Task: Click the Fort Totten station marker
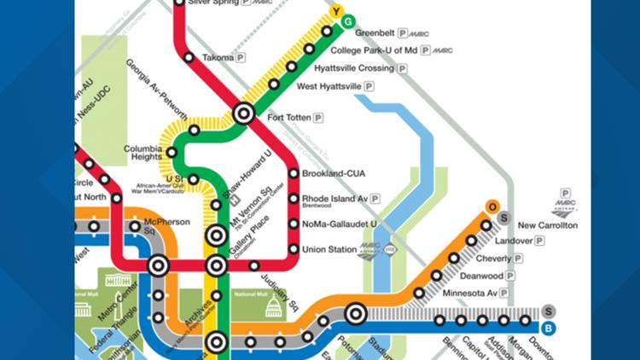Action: tap(243, 113)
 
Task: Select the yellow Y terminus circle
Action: tap(336, 11)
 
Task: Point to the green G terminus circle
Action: tap(348, 20)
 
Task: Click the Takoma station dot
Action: tap(189, 57)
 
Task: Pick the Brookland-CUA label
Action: tap(334, 173)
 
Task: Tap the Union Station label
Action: tap(331, 249)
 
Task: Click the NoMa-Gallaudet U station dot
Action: tap(294, 224)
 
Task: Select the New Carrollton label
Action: tap(548, 225)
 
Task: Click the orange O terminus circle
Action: tap(492, 206)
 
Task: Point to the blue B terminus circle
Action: tap(549, 328)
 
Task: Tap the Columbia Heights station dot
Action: tap(172, 153)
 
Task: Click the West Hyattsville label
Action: tap(329, 86)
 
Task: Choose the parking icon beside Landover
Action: tap(539, 241)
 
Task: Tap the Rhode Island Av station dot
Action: tap(294, 199)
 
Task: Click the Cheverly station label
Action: tap(493, 259)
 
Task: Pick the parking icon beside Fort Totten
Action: tap(318, 117)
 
